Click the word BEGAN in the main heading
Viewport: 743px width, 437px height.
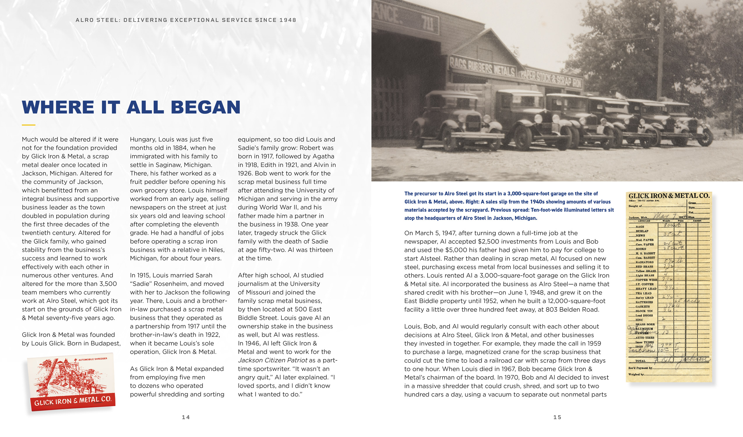(x=205, y=107)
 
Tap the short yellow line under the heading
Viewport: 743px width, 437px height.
(x=28, y=125)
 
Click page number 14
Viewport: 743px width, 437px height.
(x=186, y=417)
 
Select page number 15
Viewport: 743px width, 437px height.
(x=557, y=417)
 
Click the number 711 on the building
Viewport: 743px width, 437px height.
(x=427, y=23)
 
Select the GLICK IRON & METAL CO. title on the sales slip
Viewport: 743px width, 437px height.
(x=669, y=196)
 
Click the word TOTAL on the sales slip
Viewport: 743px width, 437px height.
(x=640, y=361)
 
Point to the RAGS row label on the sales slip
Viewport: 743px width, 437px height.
(x=640, y=226)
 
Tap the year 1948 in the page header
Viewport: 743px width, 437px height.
(x=288, y=20)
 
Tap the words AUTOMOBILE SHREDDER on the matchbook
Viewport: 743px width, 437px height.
(x=93, y=359)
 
